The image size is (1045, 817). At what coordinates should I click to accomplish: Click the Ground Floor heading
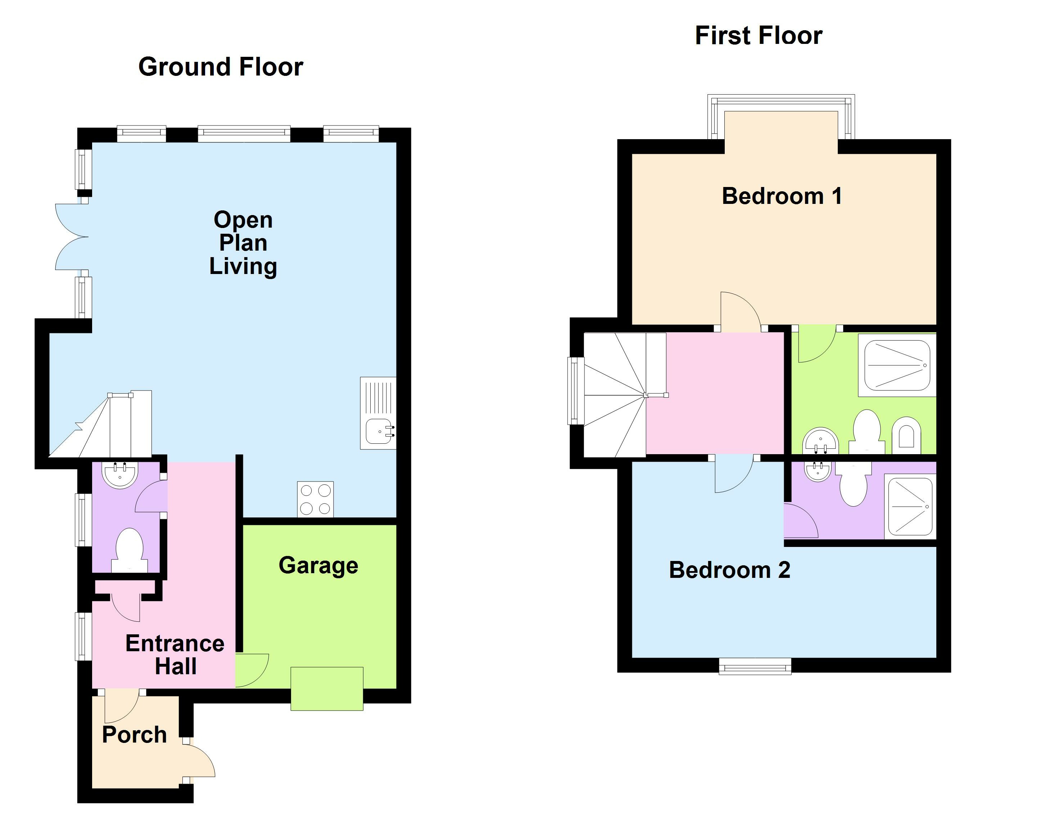click(221, 67)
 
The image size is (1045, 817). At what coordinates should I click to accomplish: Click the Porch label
click(135, 735)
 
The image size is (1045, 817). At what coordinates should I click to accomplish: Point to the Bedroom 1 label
click(782, 196)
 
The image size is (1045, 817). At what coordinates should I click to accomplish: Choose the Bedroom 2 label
click(729, 570)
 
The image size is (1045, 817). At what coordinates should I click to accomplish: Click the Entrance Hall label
click(175, 655)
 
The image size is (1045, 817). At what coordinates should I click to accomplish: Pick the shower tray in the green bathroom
click(897, 365)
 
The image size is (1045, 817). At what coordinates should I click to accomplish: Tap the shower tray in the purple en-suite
click(910, 506)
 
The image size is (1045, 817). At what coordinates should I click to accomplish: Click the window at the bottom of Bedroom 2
click(755, 666)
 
